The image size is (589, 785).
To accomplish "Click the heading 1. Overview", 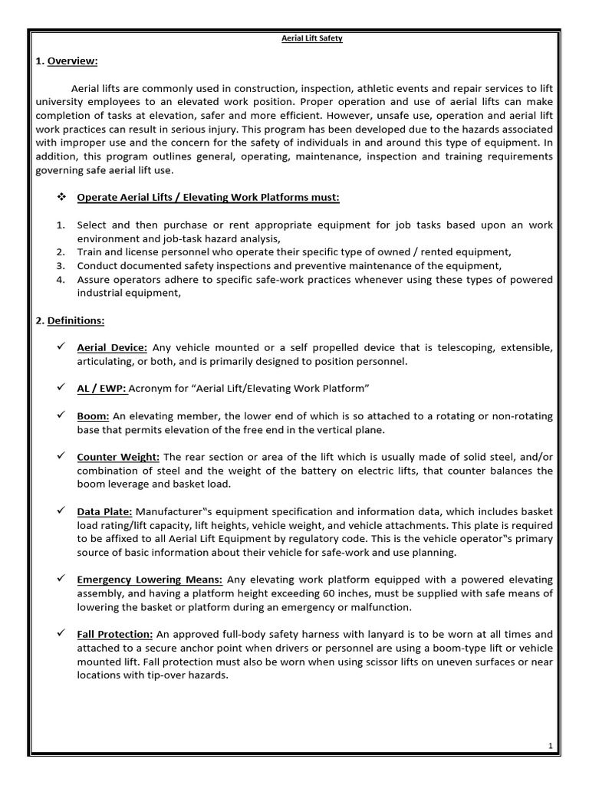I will click(67, 61).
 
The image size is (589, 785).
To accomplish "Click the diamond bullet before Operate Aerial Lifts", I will click(62, 198).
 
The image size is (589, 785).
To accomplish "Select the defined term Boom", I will click(93, 416).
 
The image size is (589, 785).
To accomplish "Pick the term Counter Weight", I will click(118, 457).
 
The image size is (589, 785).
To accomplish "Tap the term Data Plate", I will click(105, 511).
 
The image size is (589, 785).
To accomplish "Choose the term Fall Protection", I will click(115, 634).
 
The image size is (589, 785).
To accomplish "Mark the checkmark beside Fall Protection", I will click(63, 634).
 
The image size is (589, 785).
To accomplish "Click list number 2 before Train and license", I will click(61, 252).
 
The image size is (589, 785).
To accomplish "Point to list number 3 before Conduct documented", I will click(61, 266).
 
